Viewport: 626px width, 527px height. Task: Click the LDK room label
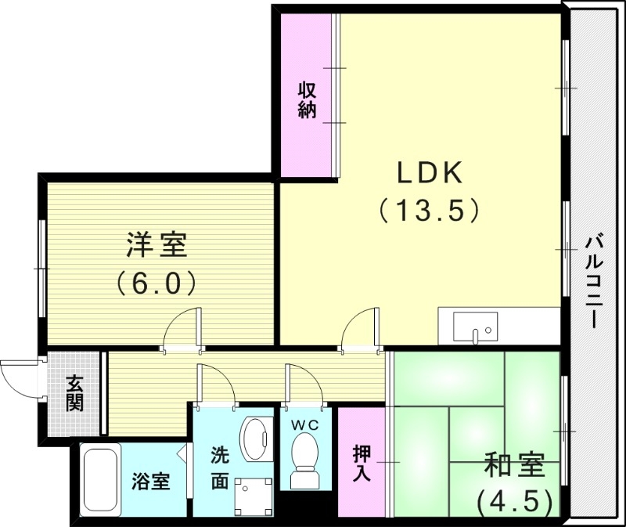pos(429,172)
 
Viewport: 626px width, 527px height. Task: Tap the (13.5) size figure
pos(429,210)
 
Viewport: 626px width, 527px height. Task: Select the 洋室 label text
pos(156,245)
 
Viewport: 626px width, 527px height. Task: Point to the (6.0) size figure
pos(156,282)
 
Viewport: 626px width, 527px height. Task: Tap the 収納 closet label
pos(307,99)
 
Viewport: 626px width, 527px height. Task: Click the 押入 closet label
pos(362,464)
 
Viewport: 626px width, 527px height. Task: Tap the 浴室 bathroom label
pos(150,481)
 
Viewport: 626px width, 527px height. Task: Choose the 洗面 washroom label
pos(221,467)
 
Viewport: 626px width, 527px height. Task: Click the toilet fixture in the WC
pos(304,458)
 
